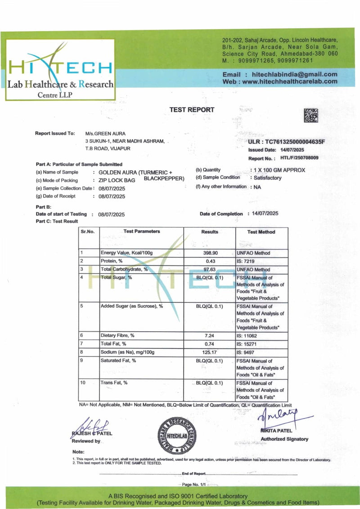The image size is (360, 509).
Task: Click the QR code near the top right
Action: (311, 116)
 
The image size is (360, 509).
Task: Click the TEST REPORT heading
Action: (192, 110)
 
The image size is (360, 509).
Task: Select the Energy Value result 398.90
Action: (209, 253)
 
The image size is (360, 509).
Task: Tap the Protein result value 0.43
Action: (209, 261)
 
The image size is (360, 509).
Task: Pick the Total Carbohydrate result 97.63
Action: (209, 269)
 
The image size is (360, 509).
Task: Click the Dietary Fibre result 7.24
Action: (209, 335)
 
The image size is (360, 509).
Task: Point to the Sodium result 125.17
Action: (209, 351)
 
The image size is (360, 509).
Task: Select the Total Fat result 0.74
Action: (209, 343)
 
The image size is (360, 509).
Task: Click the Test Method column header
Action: (261, 232)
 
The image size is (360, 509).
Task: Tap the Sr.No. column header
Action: (88, 231)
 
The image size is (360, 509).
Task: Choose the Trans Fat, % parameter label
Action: (114, 383)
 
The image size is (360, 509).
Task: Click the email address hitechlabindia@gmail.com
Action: (295, 74)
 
